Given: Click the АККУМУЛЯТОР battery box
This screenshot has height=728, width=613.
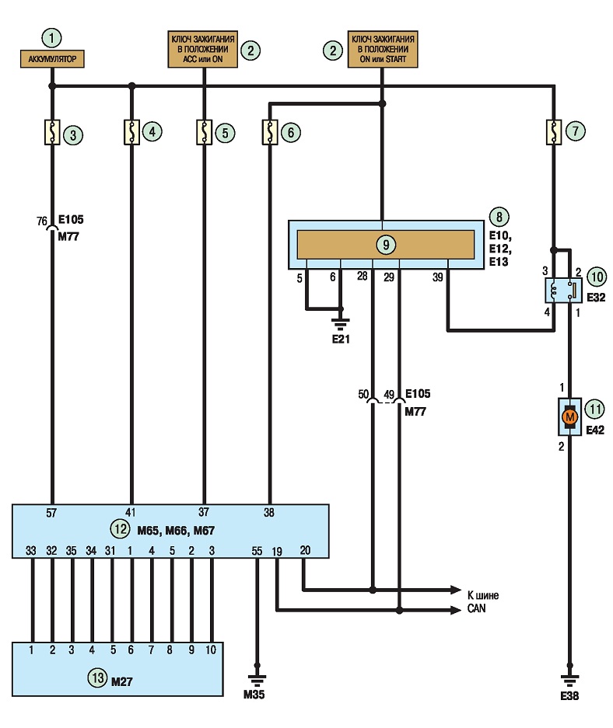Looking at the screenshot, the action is [x=52, y=59].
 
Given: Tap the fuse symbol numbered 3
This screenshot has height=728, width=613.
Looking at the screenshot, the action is [x=52, y=132].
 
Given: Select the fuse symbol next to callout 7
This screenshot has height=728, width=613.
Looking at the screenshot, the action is [x=553, y=132].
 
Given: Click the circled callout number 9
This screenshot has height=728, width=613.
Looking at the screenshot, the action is [x=386, y=244].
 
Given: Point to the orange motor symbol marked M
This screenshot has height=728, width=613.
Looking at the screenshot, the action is [x=569, y=417].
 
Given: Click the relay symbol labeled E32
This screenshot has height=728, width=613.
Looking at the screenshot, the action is [x=562, y=291].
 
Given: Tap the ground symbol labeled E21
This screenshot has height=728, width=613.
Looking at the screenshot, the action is [x=341, y=323].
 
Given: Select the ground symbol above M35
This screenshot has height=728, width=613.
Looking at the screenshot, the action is [x=257, y=680].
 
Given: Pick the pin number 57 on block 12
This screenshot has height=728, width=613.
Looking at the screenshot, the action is [x=51, y=513].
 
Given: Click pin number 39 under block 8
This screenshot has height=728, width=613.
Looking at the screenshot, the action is [x=438, y=277].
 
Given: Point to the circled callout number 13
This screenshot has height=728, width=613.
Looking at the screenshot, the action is [x=97, y=677].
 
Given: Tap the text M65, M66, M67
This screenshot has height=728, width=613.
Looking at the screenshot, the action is [x=176, y=530].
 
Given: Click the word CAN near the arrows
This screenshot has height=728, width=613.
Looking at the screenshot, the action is [x=476, y=608].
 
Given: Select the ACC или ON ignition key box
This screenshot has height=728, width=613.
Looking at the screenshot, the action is [x=202, y=49].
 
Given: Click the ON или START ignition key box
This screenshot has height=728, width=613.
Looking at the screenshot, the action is [x=383, y=49].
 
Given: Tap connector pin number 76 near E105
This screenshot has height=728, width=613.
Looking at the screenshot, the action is [x=42, y=221].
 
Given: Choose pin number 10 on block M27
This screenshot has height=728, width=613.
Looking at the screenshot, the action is [x=211, y=650].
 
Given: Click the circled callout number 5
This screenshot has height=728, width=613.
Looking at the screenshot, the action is [x=225, y=134].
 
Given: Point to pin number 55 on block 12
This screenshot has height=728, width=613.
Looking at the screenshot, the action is [x=257, y=551].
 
